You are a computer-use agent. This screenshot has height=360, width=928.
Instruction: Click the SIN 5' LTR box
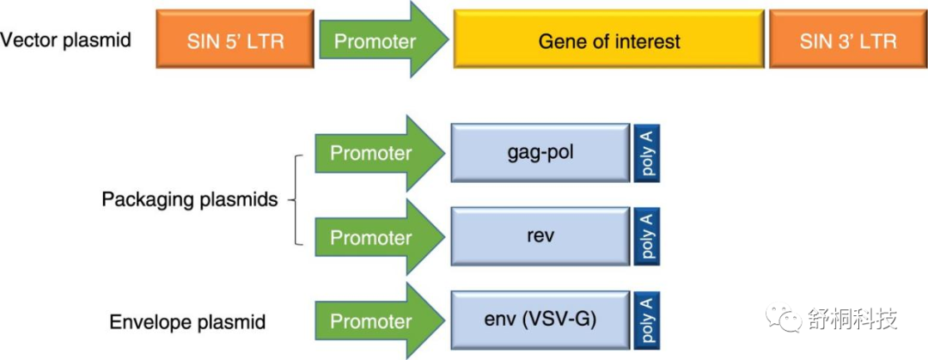coord(235,39)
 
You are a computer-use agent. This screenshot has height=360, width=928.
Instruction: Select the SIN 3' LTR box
coord(847,39)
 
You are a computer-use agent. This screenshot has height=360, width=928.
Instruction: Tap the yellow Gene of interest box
coord(609,39)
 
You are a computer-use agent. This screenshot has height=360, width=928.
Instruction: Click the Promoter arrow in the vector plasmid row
coord(384,39)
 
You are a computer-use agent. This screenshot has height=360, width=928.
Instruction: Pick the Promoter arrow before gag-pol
coord(380,153)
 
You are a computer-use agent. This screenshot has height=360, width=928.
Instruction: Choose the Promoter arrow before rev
coord(380,237)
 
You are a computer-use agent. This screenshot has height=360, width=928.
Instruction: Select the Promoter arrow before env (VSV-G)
coord(380,320)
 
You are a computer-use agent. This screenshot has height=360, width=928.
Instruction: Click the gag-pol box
coord(540,153)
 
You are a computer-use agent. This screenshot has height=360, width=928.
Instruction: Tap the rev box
coord(540,236)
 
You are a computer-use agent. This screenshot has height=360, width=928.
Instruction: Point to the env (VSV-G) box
coord(540,320)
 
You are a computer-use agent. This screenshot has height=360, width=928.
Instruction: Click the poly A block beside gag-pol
coord(647,153)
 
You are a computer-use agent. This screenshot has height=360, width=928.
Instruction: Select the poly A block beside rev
coord(647,236)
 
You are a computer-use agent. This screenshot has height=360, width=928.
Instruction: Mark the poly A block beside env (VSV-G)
coord(647,320)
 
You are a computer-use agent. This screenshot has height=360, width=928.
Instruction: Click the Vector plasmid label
coord(65,40)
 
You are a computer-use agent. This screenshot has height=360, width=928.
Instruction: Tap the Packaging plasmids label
coord(189,199)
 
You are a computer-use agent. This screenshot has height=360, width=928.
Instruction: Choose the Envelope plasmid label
coord(187,322)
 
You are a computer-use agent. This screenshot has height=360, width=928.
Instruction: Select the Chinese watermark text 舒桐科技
coord(851,319)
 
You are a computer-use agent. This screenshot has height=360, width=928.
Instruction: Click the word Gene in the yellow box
coord(559,41)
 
